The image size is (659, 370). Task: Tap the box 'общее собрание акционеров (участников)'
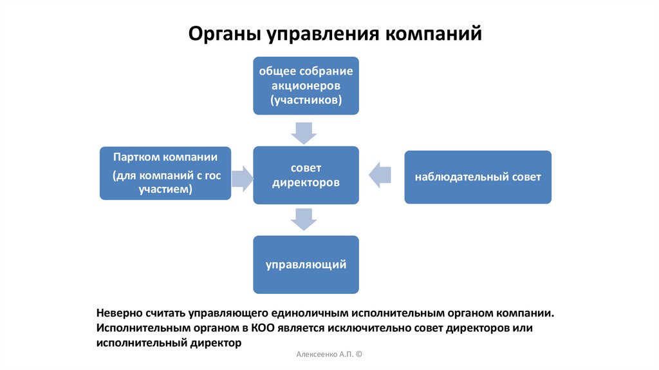(306, 86)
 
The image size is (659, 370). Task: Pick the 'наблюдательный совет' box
(478, 177)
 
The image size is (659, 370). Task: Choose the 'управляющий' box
(306, 264)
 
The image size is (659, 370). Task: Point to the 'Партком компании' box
(165, 173)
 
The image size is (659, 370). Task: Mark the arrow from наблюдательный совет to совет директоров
(381, 175)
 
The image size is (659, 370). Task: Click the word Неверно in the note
(120, 313)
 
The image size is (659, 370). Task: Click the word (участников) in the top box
(306, 101)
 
